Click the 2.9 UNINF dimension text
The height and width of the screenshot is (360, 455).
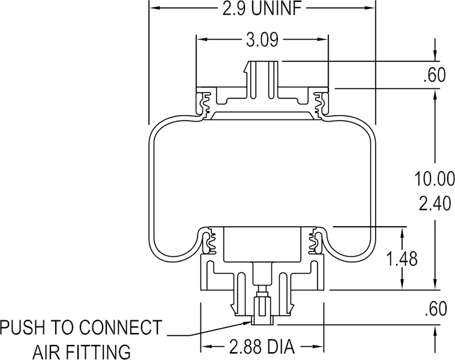pos(262,9)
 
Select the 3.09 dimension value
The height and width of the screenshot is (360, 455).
pos(262,40)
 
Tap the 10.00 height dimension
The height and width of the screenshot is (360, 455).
pos(435,179)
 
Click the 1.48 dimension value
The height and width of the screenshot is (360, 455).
pos(402,258)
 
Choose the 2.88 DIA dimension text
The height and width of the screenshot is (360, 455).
pos(262,346)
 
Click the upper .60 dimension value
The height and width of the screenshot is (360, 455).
pos(435,75)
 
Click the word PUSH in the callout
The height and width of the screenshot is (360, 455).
pos(23,328)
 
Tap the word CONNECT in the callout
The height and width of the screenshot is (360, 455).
pos(121,328)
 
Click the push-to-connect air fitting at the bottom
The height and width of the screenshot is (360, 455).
pos(262,310)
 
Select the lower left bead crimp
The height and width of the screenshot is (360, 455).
pos(209,241)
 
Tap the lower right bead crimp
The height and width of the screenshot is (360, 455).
pos(315,241)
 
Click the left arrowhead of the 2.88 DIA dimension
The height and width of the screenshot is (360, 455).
pos(205,346)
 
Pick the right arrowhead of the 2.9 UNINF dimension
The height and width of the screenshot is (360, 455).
pos(370,8)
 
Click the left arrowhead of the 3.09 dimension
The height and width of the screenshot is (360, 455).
pos(201,39)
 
